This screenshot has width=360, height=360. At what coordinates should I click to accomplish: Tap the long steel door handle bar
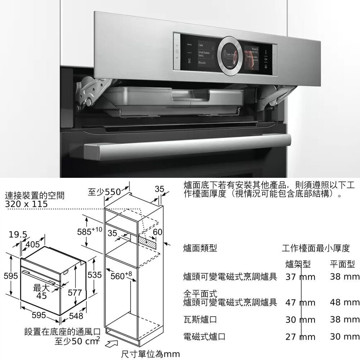pyautogui.click(x=187, y=146)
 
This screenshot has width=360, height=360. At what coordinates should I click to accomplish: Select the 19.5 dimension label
pyautogui.click(x=18, y=235)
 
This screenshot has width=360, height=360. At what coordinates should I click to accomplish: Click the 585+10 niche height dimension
pyautogui.click(x=90, y=230)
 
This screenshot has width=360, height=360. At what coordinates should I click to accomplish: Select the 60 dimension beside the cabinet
pyautogui.click(x=157, y=232)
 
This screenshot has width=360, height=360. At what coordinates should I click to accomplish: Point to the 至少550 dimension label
pyautogui.click(x=104, y=192)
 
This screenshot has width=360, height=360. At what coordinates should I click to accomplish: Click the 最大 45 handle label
pyautogui.click(x=42, y=291)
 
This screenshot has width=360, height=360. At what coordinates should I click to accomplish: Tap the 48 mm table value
pyautogui.click(x=345, y=302)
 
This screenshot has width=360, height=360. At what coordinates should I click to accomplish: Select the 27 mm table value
pyautogui.click(x=300, y=337)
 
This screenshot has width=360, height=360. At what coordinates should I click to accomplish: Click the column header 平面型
pyautogui.click(x=342, y=265)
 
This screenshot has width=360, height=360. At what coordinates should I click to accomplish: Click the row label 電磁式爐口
pyautogui.click(x=204, y=337)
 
